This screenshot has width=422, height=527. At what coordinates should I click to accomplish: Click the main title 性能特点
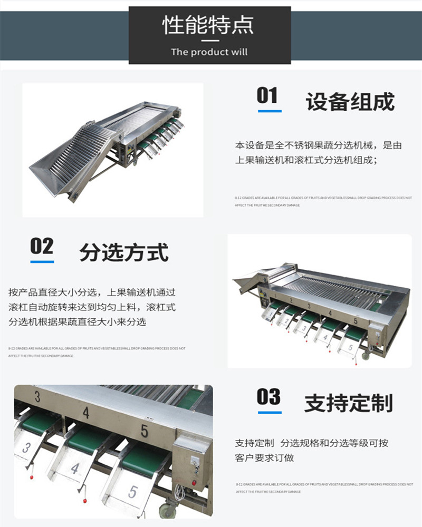pos(209,25)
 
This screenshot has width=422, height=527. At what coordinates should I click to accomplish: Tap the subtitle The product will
pos(209,52)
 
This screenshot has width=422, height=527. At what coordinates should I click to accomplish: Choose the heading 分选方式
pos(124,253)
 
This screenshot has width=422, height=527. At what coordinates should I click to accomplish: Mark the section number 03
pos(268,397)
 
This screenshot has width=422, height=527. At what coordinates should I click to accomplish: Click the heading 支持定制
pos(348,404)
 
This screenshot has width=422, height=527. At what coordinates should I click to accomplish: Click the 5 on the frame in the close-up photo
pos(144,431)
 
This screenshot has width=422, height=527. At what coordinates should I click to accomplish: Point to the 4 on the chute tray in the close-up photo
pos(75,469)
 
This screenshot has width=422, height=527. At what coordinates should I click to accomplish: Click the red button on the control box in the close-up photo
pos(194,482)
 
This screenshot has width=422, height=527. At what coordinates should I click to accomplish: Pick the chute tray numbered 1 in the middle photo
pos(270,315)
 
